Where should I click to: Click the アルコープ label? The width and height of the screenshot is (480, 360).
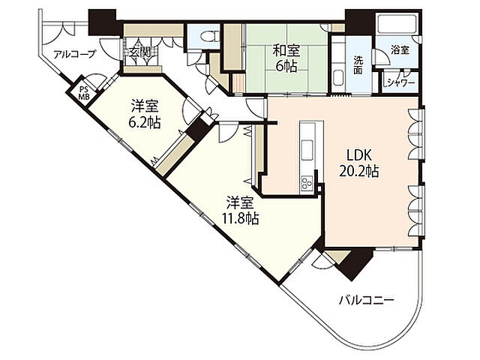(75, 55)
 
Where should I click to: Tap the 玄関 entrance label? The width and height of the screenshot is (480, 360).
(139, 52)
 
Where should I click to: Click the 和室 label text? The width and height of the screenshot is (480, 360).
(286, 50)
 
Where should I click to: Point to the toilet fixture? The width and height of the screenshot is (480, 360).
(209, 37)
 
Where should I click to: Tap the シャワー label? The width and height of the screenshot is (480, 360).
(400, 82)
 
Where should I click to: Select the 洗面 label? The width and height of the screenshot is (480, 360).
(358, 65)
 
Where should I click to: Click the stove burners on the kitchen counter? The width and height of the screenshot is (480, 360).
(307, 183)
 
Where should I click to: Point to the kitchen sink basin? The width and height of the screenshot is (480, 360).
(307, 150)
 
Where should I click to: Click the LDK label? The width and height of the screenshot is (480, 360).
(358, 155)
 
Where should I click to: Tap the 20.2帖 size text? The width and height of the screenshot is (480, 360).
(358, 172)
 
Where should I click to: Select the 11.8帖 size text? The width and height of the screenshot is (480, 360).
(240, 218)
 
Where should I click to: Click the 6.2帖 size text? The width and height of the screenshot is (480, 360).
(145, 122)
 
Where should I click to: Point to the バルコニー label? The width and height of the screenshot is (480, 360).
(366, 300)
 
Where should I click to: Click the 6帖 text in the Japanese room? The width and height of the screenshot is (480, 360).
(286, 66)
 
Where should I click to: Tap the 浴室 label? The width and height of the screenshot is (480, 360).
(400, 50)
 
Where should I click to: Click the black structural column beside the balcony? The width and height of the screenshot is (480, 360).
(355, 262)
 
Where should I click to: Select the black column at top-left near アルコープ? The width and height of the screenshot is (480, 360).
(102, 22)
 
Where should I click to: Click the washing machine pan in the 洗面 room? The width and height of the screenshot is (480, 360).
(339, 78)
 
